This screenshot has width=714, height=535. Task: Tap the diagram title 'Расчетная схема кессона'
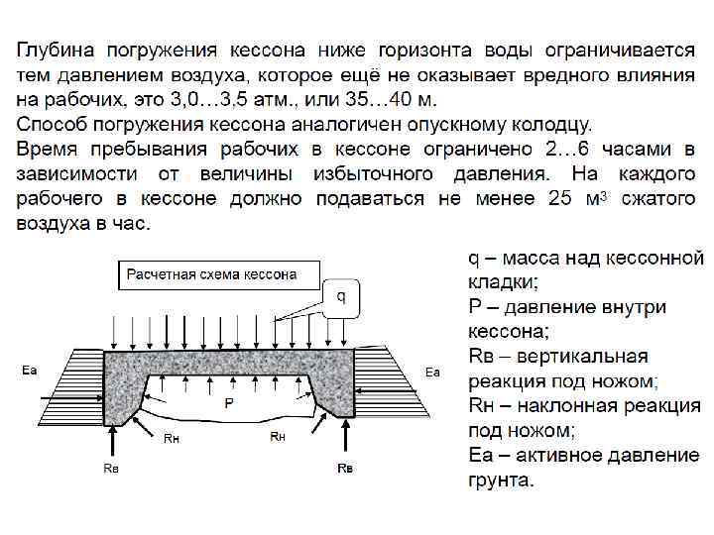(x=211, y=274)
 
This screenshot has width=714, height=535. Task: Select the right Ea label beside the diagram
(x=432, y=371)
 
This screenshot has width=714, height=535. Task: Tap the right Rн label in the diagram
(x=279, y=436)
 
